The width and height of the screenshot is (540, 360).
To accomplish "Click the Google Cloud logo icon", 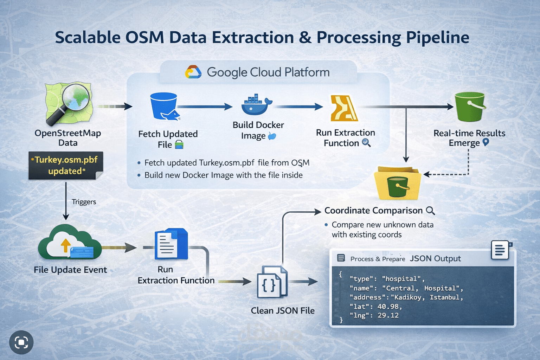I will click(193, 72).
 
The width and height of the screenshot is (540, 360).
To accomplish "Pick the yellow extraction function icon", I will click(343, 108).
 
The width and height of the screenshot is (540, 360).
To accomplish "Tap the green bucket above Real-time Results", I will click(470, 107).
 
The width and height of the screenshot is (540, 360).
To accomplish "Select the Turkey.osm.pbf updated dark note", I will click(66, 165).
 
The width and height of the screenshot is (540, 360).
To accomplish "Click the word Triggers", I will click(84, 202).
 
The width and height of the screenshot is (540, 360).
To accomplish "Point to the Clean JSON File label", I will click(283, 311).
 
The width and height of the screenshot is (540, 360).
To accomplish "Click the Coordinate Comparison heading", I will click(373, 211).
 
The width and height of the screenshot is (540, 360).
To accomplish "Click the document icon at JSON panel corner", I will click(500, 250).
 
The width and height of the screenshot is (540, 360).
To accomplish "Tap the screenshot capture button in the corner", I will click(21, 342).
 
